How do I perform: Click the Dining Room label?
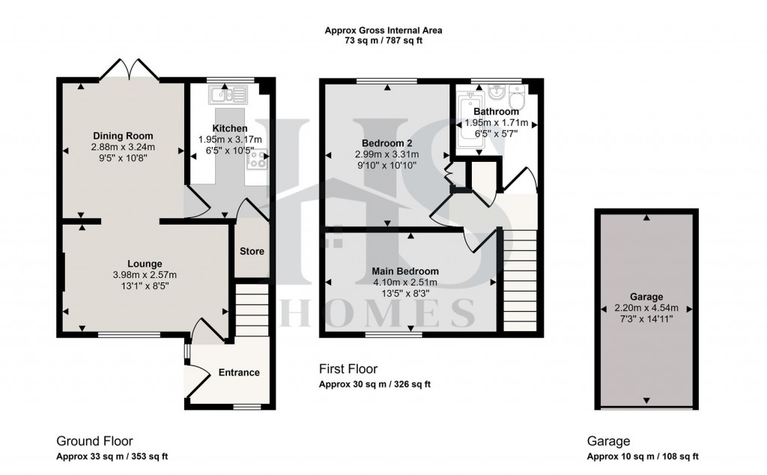[123, 136]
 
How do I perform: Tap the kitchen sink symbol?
[229, 94]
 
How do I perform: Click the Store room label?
[252, 251]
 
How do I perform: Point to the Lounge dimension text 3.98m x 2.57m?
[145, 274]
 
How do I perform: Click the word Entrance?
[239, 372]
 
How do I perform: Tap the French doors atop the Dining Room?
[130, 71]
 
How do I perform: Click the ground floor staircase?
[252, 307]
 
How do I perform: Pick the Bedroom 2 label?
[386, 143]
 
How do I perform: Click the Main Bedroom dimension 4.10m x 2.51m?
[405, 282]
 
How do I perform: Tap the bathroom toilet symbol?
[516, 97]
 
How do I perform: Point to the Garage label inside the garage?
[646, 297]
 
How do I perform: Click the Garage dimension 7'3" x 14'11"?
[646, 318]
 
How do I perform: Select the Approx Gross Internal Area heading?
[383, 31]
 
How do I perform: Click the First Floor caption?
[348, 369]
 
